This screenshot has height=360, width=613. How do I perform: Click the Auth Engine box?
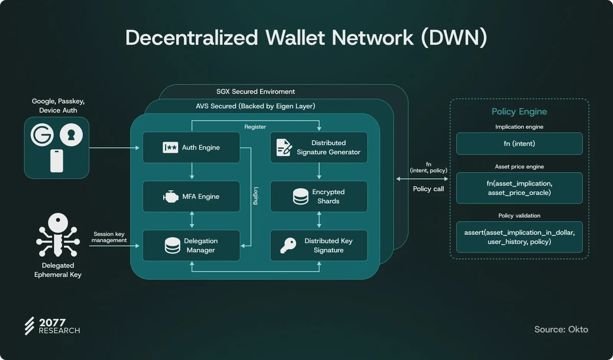191,148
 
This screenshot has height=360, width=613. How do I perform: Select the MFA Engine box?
191,197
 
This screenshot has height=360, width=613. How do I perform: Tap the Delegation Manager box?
191,246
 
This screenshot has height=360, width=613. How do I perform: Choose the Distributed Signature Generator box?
319,148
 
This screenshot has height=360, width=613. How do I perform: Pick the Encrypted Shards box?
319,197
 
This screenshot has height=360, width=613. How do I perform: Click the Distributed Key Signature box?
319,246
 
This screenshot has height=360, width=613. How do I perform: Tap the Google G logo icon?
42,134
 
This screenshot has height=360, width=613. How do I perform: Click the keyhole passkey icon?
71,134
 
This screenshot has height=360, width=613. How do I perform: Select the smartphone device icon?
57,161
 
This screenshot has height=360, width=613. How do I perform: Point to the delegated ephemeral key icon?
58,235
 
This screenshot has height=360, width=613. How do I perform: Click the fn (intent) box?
519,143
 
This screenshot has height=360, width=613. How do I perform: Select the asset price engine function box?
519,188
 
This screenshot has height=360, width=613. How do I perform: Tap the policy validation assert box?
519,237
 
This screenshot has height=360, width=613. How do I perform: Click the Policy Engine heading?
519,111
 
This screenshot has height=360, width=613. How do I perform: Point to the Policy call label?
428,189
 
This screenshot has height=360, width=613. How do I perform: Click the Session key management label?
109,237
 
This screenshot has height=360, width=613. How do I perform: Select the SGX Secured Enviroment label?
255,91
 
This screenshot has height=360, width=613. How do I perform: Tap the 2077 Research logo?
52,326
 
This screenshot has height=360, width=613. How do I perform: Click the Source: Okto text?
561,329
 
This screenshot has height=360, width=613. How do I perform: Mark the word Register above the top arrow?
255,127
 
